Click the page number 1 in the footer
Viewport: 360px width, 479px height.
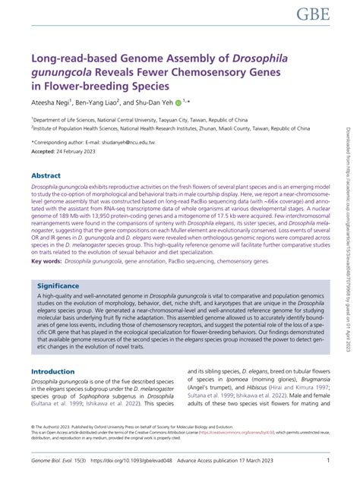(x=327, y=460)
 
